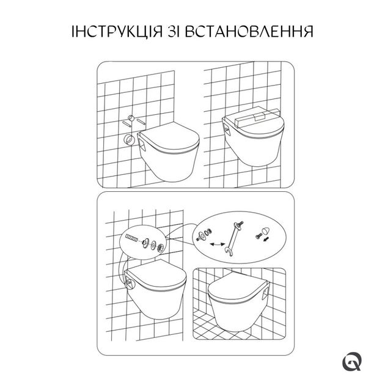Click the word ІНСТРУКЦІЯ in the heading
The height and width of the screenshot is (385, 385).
[x=117, y=31]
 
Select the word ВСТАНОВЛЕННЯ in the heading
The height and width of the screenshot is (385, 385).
[x=249, y=31]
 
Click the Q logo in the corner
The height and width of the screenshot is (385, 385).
[x=352, y=361]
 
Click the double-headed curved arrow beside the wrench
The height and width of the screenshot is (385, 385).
[x=218, y=244]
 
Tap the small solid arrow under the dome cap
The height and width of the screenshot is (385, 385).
[x=266, y=239]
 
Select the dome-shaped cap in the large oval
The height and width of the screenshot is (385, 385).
[x=265, y=231]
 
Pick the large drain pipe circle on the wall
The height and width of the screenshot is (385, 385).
[x=129, y=140]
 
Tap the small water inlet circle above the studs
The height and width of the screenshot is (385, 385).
[x=131, y=118]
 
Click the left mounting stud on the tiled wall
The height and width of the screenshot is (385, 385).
[x=126, y=123]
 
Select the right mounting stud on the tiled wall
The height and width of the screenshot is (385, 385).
[x=141, y=121]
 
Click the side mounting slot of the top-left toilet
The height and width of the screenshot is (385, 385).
[x=142, y=145]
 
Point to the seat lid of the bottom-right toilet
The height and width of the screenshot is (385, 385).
[x=237, y=287]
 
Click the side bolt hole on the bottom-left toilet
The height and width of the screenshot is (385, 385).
[x=129, y=285]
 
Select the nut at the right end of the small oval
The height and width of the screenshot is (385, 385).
[x=160, y=248]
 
